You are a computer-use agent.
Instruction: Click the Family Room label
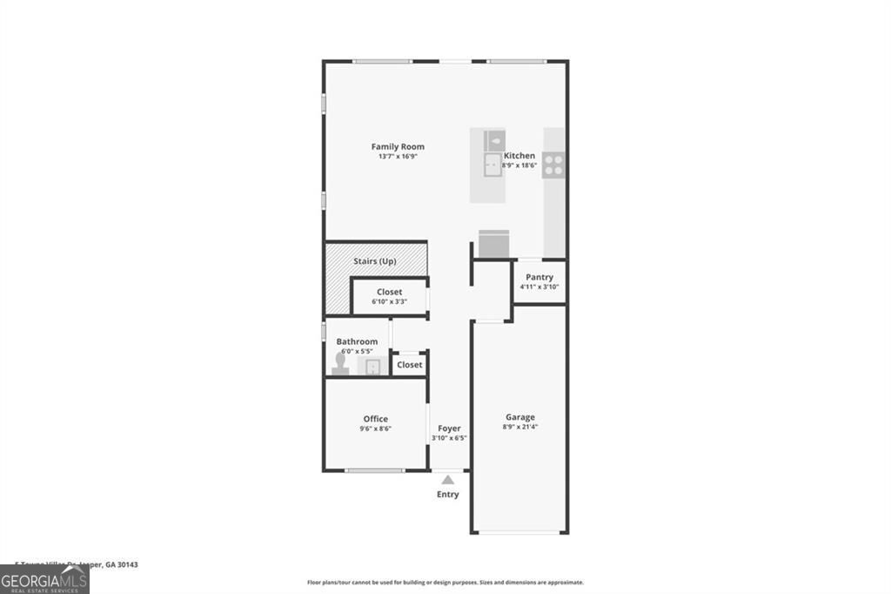coord(398,146)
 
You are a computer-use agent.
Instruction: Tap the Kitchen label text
coord(519,155)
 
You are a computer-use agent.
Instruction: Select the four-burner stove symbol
coord(553,165)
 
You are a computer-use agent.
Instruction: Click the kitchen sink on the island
coord(493,165)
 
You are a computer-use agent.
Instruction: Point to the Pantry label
coord(539,277)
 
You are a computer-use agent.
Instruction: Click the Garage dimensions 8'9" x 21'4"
coord(519,427)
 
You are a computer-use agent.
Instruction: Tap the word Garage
coord(519,417)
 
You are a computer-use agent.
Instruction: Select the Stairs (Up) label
coord(375,261)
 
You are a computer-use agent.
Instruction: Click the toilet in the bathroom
coord(339,363)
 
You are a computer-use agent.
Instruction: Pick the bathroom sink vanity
coord(373,366)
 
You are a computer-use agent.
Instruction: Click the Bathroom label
coord(357,341)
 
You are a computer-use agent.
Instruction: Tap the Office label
coord(376,419)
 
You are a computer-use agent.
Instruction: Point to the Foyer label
coord(449,429)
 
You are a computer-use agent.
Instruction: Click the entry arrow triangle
coord(447,479)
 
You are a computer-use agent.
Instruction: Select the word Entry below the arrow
coord(447,495)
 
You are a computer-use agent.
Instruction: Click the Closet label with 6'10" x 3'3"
coord(389,292)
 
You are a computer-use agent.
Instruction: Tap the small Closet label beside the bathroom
coord(409,365)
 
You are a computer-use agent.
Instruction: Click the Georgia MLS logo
coord(44,579)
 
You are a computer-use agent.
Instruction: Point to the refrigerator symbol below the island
coord(493,244)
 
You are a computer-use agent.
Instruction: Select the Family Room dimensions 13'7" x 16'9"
coord(398,157)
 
